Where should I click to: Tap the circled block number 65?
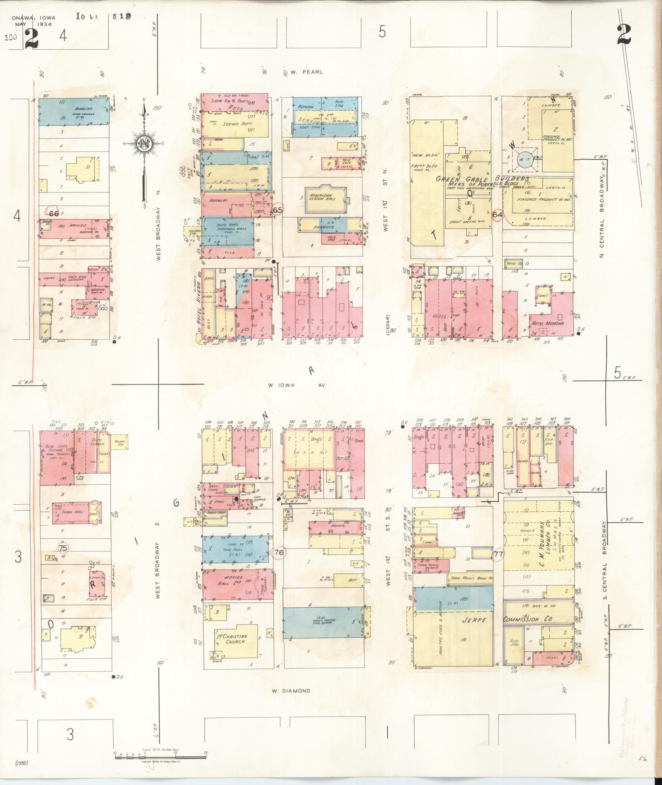(x=278, y=210)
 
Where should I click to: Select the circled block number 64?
(x=498, y=215)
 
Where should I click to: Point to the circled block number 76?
(x=279, y=553)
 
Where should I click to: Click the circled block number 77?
(x=498, y=555)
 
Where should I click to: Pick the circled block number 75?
(x=63, y=548)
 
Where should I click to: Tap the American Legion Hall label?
(x=323, y=197)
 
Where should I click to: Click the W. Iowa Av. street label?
(x=296, y=385)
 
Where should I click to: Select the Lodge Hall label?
(x=72, y=513)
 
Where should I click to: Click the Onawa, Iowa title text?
(x=33, y=18)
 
